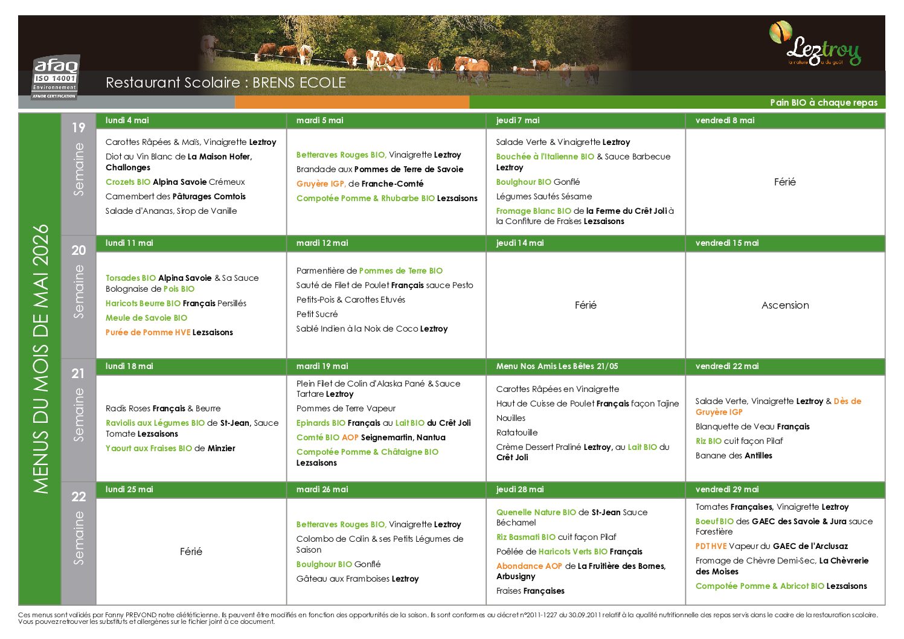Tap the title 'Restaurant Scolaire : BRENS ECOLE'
tap(226, 83)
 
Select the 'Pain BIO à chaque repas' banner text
tap(824, 103)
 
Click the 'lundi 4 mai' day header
tap(127, 120)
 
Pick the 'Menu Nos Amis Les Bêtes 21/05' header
tap(557, 366)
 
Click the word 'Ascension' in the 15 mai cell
tap(785, 306)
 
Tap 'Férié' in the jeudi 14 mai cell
tap(585, 306)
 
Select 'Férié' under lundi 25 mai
tap(191, 551)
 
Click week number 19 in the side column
tap(79, 127)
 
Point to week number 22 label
tap(79, 496)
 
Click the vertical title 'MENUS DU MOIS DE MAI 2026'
tap(40, 359)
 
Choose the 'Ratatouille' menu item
tap(517, 432)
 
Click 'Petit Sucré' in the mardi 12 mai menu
tap(317, 314)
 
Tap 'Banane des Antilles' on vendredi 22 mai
tap(734, 455)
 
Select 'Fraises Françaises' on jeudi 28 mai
tap(530, 591)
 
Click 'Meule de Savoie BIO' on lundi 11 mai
tap(146, 318)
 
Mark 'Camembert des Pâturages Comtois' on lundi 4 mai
tap(175, 196)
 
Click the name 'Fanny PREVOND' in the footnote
tap(151, 615)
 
